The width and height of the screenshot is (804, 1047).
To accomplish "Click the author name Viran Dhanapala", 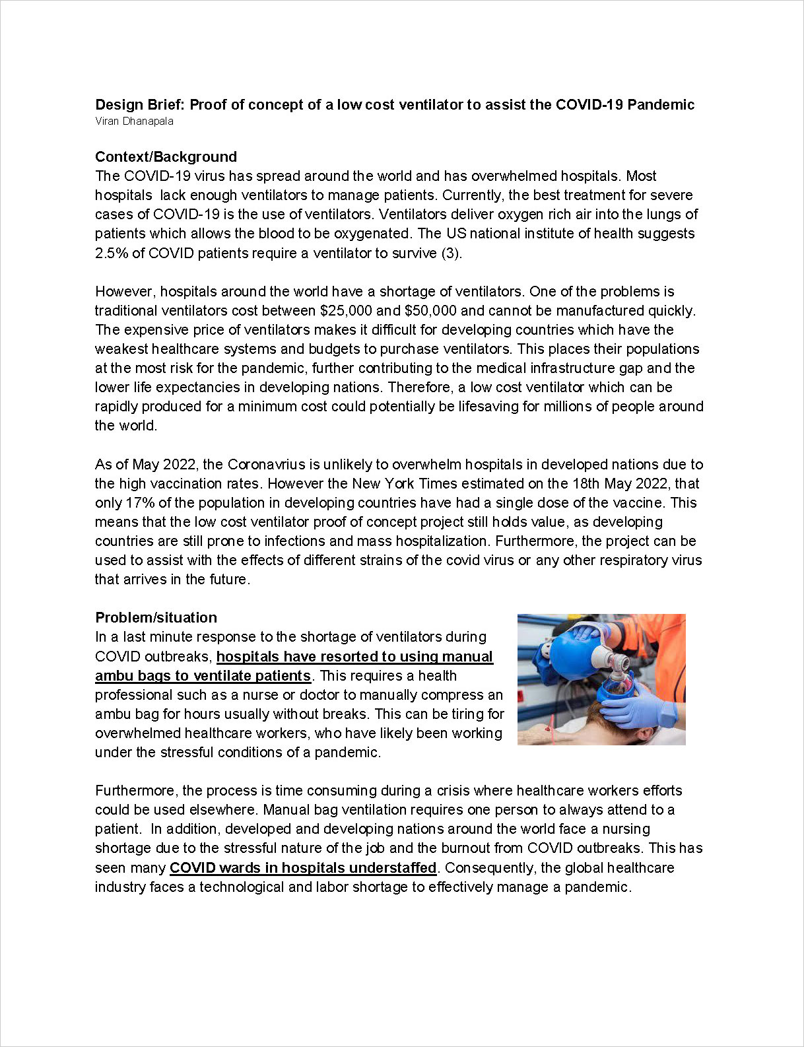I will point(134,121).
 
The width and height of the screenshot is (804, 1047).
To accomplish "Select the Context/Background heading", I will point(166,157).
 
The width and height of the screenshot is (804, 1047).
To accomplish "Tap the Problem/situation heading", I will point(156,618).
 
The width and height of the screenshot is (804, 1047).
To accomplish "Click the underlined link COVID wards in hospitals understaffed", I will point(303,868).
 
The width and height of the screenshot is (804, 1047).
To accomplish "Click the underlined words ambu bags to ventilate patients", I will point(203,676).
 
